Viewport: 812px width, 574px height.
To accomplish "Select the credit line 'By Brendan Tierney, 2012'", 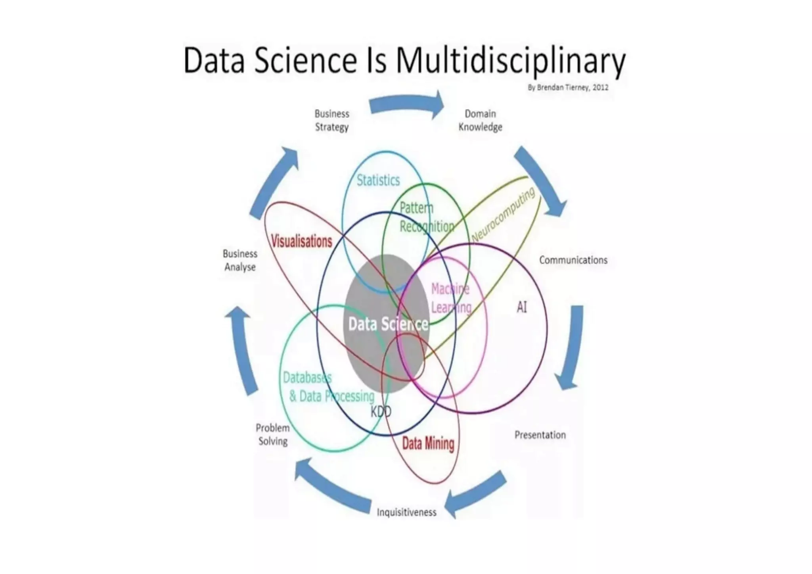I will [x=568, y=88].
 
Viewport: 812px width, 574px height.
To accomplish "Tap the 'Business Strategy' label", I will [x=332, y=121].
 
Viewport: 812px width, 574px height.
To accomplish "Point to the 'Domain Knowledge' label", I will [x=480, y=121].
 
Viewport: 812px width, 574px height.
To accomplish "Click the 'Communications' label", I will [x=573, y=260].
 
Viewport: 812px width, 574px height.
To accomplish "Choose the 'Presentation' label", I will [x=540, y=435].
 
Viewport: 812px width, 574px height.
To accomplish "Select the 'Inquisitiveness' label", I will [x=406, y=513].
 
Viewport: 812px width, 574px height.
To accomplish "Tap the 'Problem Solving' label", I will [x=273, y=435].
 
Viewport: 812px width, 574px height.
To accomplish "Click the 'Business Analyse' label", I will [x=240, y=260].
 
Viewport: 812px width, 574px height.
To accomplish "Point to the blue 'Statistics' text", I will [x=378, y=180].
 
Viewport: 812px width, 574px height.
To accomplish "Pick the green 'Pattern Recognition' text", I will [x=426, y=217].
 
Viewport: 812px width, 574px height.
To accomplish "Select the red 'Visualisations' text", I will [x=301, y=241].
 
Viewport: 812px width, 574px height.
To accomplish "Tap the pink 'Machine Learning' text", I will [x=451, y=298].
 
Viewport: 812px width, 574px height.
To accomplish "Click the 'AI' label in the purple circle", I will [x=522, y=307].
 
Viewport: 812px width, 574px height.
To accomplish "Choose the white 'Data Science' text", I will [x=388, y=324].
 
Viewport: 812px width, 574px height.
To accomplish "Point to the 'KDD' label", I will [x=381, y=412].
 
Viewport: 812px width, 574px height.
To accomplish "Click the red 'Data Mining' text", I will [x=428, y=443].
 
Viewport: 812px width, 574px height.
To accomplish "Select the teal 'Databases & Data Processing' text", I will [x=328, y=387].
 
